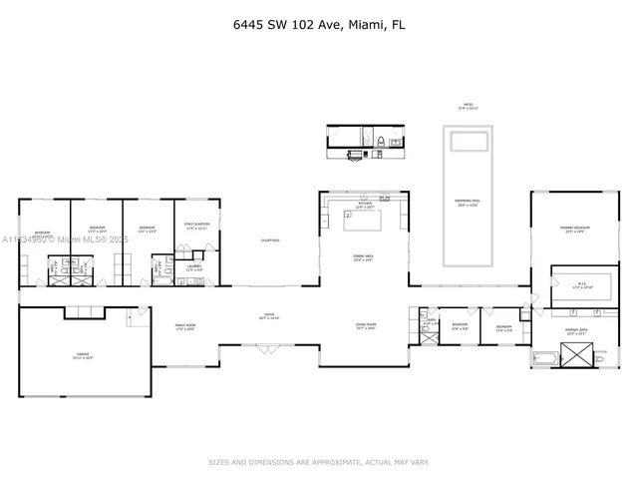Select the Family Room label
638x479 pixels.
click(x=183, y=326)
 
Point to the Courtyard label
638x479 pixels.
click(x=270, y=240)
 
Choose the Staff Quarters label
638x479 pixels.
click(x=195, y=227)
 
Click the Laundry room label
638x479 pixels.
click(x=195, y=267)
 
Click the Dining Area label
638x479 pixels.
click(x=364, y=257)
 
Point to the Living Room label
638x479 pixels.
click(x=366, y=325)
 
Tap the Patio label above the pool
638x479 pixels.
click(x=468, y=106)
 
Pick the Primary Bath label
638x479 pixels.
click(x=575, y=328)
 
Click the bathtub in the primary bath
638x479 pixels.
click(x=545, y=357)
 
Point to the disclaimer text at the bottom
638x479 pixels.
click(x=318, y=461)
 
